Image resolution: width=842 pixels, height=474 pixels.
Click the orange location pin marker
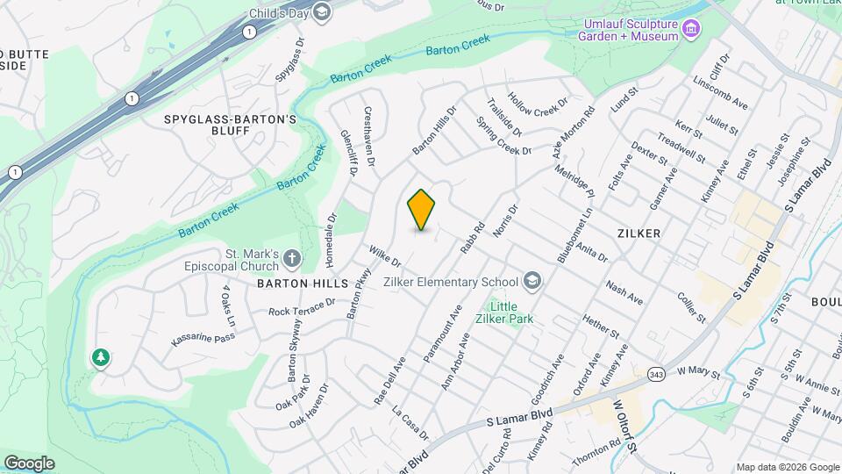[x=422, y=210]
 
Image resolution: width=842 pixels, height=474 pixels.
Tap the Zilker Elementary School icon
[x=531, y=282]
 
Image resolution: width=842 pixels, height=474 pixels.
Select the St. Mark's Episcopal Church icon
[x=292, y=258]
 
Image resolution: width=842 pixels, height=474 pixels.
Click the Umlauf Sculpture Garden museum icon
[x=692, y=29]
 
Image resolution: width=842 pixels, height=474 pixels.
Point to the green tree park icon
[x=102, y=357]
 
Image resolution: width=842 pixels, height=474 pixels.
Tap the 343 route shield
[x=656, y=374]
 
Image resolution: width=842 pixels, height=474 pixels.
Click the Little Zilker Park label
[x=510, y=312]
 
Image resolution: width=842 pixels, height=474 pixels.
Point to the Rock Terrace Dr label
[x=302, y=306]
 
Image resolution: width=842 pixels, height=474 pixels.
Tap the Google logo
[x=29, y=463]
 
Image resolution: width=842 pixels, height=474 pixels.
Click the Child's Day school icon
[x=321, y=11]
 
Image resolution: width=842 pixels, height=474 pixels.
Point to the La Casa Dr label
[x=410, y=423]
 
